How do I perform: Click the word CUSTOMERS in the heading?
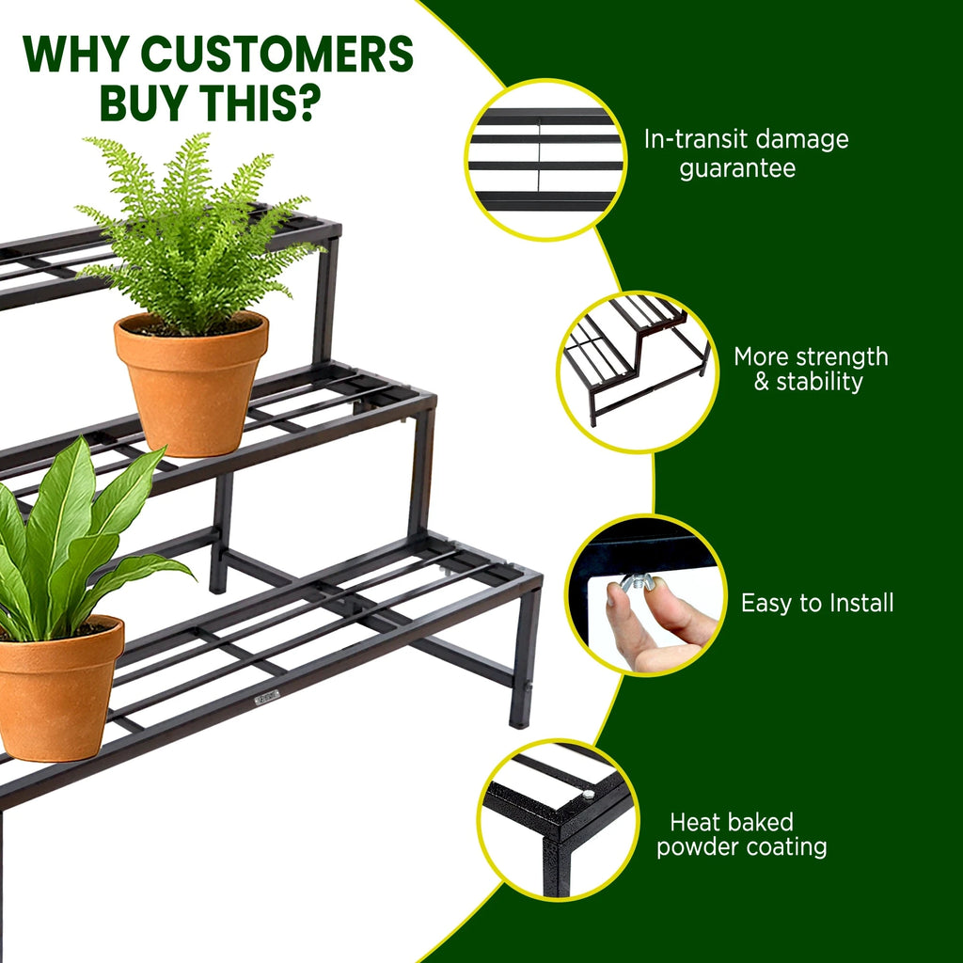[277, 54]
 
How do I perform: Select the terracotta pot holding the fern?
[192, 384]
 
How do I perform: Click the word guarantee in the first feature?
[737, 168]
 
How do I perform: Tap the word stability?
[819, 382]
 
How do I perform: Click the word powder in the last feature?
[697, 848]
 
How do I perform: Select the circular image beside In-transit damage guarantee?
[545, 159]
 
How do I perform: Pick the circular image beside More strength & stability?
[637, 371]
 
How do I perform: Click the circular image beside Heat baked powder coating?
[558, 820]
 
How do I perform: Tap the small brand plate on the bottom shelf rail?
[267, 697]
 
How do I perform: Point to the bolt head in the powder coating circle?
[588, 794]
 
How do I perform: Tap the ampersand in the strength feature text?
[761, 382]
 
